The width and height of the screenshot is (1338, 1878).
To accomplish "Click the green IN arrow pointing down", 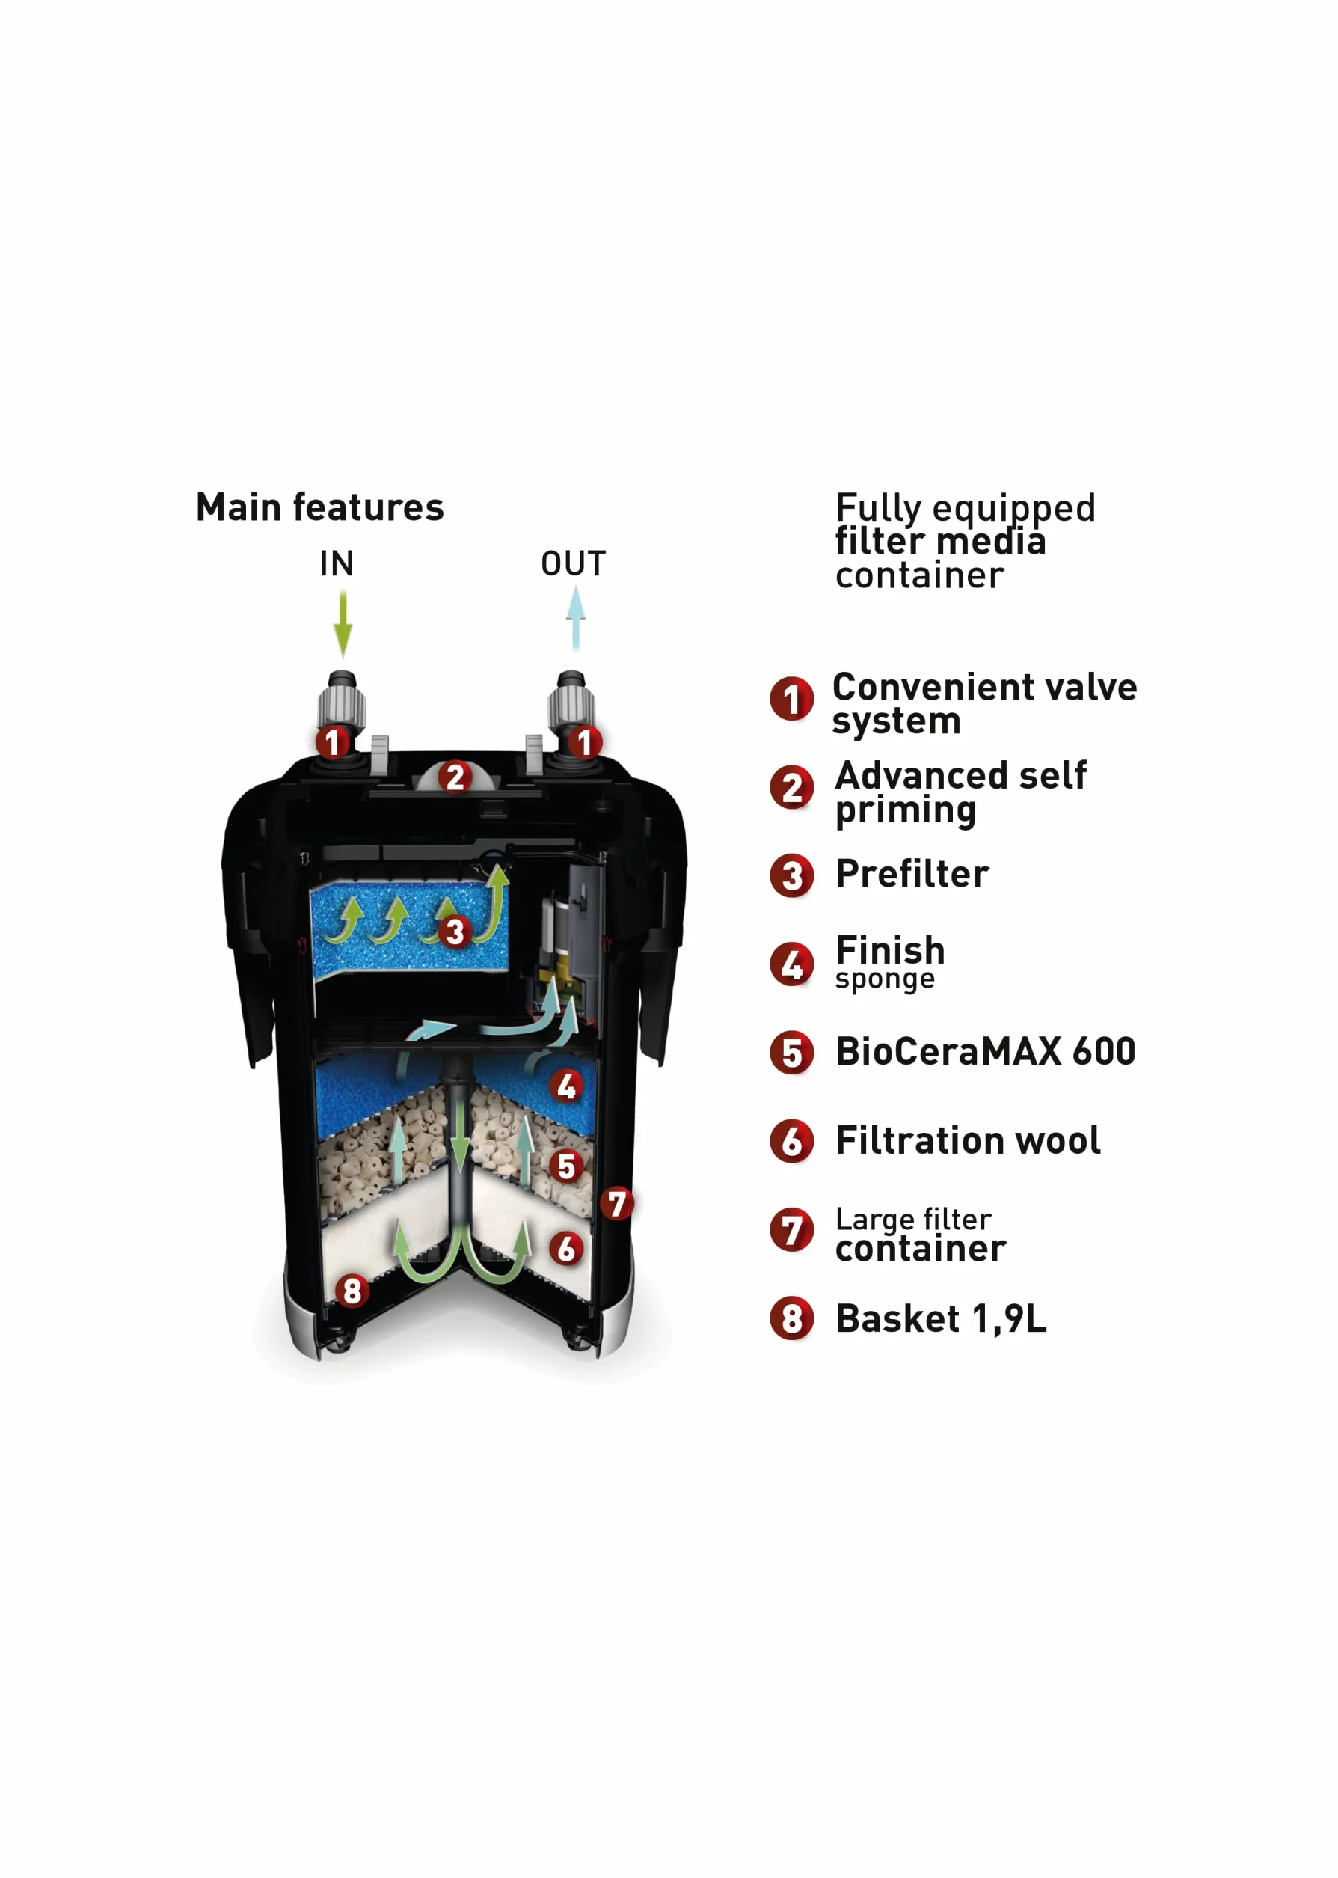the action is point(343,625).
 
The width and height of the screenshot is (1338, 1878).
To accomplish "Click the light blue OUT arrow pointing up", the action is point(576,618).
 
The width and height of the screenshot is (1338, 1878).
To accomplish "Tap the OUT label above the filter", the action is point(574,563).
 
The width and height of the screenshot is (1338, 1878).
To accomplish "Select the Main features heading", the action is point(319,507).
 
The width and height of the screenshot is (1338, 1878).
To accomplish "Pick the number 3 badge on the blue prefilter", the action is point(455,932).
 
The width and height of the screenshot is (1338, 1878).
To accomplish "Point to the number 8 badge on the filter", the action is point(352,1291).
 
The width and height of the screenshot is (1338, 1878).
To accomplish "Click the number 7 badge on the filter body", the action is point(617,1203).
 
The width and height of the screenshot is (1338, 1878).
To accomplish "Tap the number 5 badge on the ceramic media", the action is point(566,1166).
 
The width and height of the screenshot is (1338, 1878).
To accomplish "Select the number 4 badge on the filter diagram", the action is point(566,1086).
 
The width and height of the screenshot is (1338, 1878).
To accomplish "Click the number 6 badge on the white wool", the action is point(566,1249).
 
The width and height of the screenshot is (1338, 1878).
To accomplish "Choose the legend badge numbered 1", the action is point(792,699).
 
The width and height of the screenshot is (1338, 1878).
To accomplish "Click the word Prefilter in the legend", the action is point(912,873).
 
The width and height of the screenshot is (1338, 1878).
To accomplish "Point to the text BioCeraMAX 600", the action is point(986,1051).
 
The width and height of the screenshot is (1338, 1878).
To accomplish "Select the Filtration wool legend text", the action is point(968,1140).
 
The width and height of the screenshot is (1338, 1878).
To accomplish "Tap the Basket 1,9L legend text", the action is point(941,1318).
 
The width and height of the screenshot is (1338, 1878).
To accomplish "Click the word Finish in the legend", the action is point(891,950).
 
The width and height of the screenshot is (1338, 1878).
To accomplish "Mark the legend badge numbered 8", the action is point(792,1318).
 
